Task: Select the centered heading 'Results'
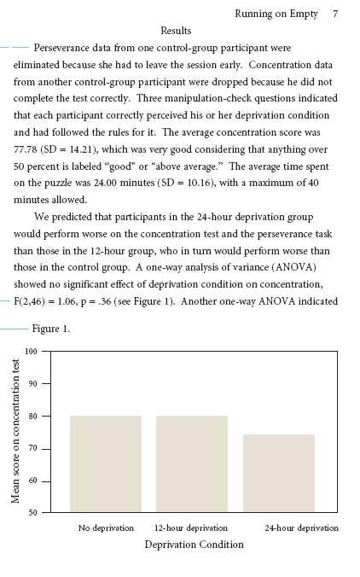point(176,31)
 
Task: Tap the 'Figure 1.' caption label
point(51,329)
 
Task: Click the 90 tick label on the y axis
point(32,383)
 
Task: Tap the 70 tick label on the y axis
point(32,448)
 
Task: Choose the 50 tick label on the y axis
point(32,512)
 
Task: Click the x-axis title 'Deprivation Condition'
point(194,545)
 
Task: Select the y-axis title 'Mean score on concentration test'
point(15,431)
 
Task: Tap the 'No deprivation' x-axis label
point(106,528)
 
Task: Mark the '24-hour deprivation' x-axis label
point(301,528)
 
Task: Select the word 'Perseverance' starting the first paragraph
point(65,49)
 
